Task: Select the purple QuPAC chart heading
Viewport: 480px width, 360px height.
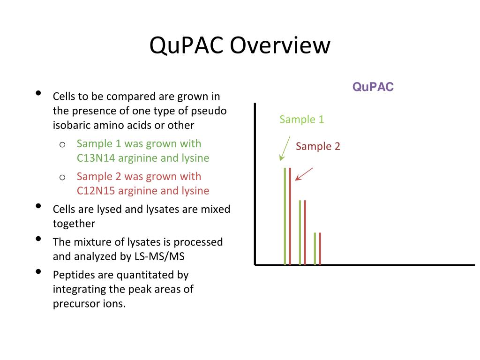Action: click(x=373, y=87)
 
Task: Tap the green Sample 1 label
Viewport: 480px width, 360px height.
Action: click(x=301, y=120)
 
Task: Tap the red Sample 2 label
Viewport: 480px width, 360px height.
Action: click(x=318, y=146)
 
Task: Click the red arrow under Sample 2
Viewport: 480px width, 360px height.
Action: click(x=304, y=174)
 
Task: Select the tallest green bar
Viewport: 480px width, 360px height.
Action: click(x=285, y=216)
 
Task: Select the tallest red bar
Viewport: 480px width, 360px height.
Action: click(x=290, y=216)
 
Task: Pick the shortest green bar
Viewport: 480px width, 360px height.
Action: click(x=315, y=248)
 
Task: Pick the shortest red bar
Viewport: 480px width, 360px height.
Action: click(x=320, y=248)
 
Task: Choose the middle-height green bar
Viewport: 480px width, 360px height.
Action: click(x=300, y=232)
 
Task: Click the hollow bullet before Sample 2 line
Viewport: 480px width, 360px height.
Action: click(x=62, y=177)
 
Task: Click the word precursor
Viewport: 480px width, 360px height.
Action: click(x=75, y=303)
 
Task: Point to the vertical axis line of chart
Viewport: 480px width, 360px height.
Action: click(x=255, y=187)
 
